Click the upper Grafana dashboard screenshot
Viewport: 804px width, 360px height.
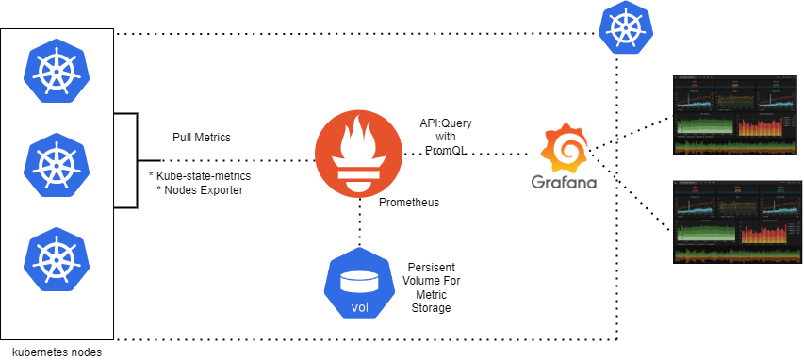tap(731, 113)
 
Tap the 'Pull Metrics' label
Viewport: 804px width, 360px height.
tap(201, 138)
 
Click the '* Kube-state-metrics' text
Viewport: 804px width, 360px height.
tap(200, 175)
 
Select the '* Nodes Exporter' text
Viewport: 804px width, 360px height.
tap(200, 190)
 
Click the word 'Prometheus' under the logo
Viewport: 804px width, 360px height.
tap(408, 202)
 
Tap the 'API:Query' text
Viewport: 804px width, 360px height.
tap(446, 123)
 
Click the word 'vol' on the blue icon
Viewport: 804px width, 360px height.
tap(360, 306)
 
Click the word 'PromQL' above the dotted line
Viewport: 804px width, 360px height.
tap(445, 150)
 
